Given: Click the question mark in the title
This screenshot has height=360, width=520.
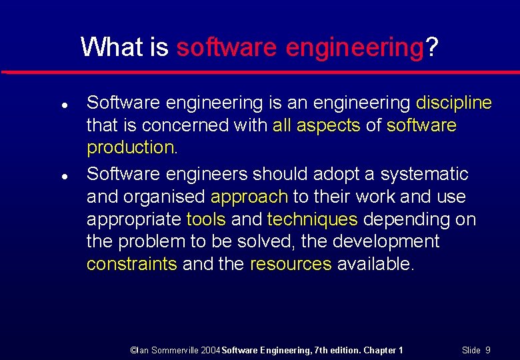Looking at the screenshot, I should pos(432,47).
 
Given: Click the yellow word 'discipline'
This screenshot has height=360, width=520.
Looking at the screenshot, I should pos(453,103).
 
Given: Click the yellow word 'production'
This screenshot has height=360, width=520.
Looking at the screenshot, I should pos(131,148).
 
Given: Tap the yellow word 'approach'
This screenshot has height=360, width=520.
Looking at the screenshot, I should pos(249,197).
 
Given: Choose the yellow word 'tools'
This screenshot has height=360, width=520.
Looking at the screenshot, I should pos(206,219).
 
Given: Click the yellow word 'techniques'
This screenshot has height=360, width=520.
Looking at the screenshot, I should pos(313,219).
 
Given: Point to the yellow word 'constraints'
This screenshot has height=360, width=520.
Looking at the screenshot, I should pos(132,264).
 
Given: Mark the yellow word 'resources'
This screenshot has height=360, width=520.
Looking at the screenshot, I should pos(291,264).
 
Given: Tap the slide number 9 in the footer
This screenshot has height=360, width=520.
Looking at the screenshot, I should pos(488,350).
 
